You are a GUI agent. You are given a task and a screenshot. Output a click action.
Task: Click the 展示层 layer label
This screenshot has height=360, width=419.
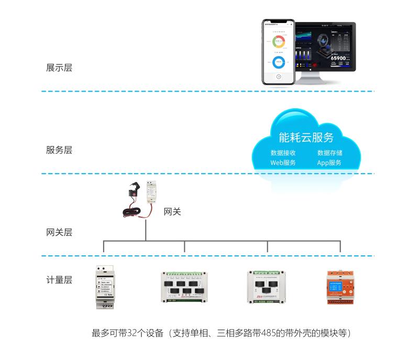59,67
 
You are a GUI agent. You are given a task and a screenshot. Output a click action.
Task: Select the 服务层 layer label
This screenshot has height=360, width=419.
59,150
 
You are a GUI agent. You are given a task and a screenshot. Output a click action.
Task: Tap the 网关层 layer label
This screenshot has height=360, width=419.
59,232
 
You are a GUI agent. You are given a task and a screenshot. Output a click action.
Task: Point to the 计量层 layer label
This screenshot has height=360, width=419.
59,280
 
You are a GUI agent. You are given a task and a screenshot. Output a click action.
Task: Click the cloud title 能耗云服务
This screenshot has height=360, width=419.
306,138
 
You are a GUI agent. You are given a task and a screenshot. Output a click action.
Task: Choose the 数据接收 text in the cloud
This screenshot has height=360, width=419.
283,153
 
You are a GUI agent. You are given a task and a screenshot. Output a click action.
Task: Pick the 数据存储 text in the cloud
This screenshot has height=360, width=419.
329,153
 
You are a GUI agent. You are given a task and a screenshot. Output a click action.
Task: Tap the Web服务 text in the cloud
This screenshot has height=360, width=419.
283,163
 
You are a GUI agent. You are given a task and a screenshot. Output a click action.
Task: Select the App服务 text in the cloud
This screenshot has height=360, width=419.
329,163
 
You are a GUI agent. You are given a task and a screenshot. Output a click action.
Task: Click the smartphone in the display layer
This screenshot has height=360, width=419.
279,52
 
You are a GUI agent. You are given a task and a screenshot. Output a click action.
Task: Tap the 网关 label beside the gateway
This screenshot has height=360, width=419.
172,212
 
